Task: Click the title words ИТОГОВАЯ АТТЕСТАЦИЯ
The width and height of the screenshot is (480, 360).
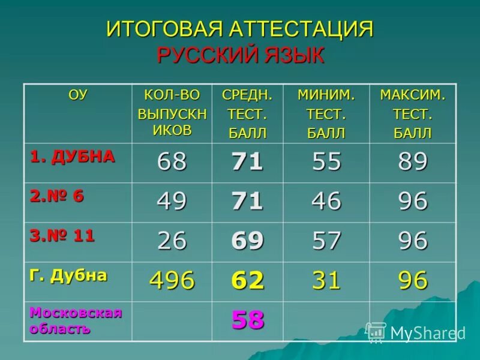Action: click(240, 30)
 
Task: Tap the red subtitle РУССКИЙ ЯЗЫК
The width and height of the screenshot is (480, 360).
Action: click(240, 55)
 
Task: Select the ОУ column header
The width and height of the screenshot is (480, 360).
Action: click(77, 94)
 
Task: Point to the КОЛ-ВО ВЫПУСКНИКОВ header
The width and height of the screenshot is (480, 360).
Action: click(172, 113)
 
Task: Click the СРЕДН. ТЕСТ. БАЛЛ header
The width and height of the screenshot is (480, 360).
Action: click(247, 113)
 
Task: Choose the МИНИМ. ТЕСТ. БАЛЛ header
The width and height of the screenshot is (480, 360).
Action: click(326, 113)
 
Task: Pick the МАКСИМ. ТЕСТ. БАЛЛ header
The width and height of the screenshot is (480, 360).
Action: click(412, 113)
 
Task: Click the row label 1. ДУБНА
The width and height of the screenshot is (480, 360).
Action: click(73, 157)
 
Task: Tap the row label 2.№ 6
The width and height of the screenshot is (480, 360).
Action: click(58, 196)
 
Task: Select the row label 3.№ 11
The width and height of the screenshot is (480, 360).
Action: click(62, 236)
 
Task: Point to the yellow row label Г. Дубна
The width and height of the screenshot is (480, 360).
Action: click(68, 275)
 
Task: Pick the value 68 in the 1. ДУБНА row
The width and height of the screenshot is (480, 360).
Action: click(172, 162)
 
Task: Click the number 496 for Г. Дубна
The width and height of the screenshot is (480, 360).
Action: click(172, 280)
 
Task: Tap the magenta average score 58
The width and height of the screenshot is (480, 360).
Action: click(248, 320)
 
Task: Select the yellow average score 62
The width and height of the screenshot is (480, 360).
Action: click(248, 280)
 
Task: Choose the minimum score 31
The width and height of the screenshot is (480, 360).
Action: click(326, 280)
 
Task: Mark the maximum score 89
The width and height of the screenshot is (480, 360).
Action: click(413, 162)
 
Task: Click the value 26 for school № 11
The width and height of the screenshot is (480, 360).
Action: click(172, 241)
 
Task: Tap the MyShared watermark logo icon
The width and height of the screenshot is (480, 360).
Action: click(376, 332)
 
